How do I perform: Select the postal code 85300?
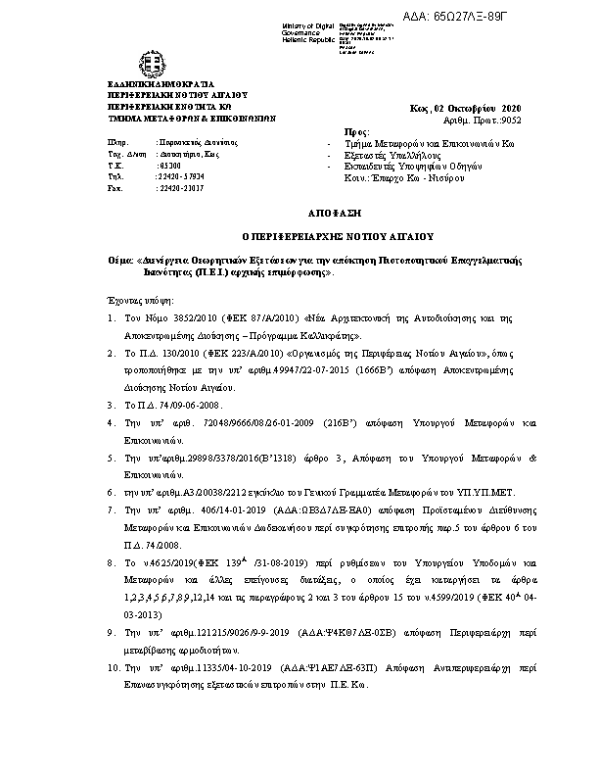(x=173, y=166)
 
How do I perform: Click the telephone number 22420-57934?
(x=182, y=176)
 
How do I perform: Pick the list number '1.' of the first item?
(x=113, y=319)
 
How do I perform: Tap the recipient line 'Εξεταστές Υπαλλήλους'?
(x=388, y=154)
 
